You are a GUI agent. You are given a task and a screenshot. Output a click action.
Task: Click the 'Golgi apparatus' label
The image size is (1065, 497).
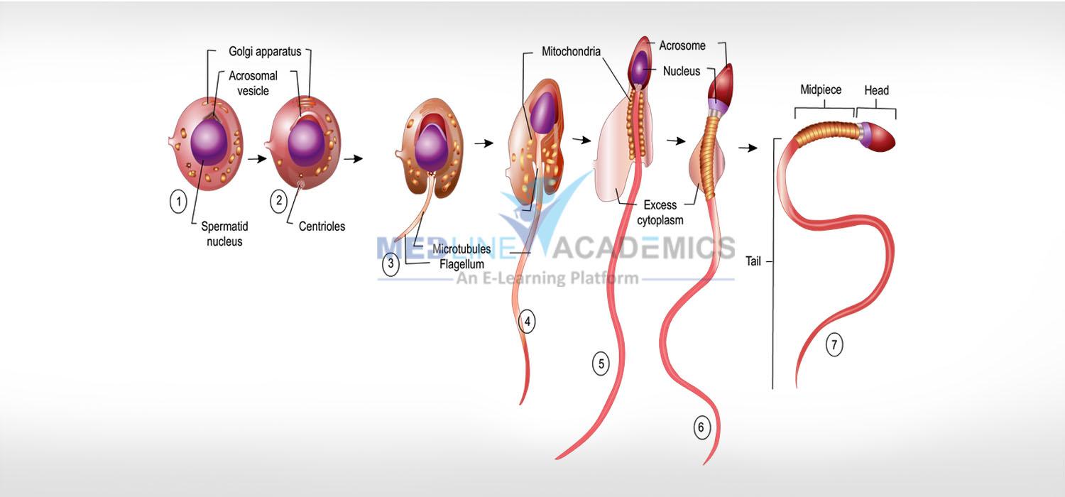coord(265,52)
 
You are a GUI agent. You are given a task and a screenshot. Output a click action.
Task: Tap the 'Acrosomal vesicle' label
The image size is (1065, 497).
coord(253,83)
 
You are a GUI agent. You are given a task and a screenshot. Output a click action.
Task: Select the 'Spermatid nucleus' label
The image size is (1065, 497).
coord(224,234)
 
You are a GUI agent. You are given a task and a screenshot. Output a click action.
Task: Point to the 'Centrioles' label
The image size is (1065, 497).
coord(322,226)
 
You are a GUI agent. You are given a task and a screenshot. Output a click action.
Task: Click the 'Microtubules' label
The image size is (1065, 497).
coord(461,248)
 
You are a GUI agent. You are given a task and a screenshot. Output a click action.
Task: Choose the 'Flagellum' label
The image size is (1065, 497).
coord(461,264)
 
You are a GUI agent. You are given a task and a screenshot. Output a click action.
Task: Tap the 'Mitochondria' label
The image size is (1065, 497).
coord(571,51)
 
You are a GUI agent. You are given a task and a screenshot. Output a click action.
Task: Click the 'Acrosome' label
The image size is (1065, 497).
coord(682,45)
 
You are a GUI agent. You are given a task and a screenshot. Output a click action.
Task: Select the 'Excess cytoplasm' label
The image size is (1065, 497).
coord(660,212)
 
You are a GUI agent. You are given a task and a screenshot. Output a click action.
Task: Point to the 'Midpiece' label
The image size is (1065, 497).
coord(821,90)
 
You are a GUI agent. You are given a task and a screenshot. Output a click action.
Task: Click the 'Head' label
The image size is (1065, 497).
coord(876,90)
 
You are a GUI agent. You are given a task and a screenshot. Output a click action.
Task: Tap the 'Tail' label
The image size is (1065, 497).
coord(753,261)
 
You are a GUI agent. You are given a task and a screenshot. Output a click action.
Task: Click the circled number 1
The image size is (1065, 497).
coord(178,201)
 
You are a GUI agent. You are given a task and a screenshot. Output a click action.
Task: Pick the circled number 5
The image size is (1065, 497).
coord(601,364)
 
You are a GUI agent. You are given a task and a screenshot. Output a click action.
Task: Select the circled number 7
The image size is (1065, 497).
coord(834,345)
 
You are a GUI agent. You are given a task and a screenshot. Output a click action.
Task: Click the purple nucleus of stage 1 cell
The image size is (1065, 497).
coord(209,142)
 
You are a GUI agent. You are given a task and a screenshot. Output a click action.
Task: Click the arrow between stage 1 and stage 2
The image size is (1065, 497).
coord(257,159)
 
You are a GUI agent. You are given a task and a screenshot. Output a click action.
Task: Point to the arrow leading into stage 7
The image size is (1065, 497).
coord(748,148)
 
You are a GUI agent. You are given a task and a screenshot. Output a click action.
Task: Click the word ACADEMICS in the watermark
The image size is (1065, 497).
coord(643,248)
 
